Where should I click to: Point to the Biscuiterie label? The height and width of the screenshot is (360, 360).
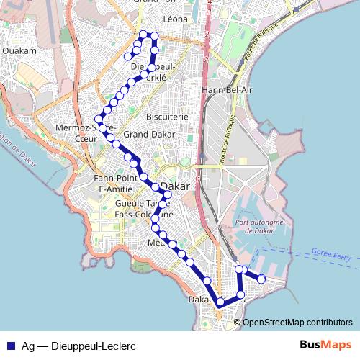pos(167,116)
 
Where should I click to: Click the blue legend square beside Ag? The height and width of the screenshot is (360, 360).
pos(10,345)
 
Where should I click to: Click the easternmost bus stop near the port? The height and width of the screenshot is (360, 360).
pos(261,279)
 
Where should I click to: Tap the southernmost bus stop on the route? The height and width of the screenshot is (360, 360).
pos(220,305)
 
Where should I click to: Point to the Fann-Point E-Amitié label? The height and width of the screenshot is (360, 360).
pos(114,183)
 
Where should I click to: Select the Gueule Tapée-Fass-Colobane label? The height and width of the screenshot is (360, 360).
pos(145,209)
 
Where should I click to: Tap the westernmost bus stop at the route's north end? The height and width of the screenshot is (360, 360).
pos(128,56)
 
